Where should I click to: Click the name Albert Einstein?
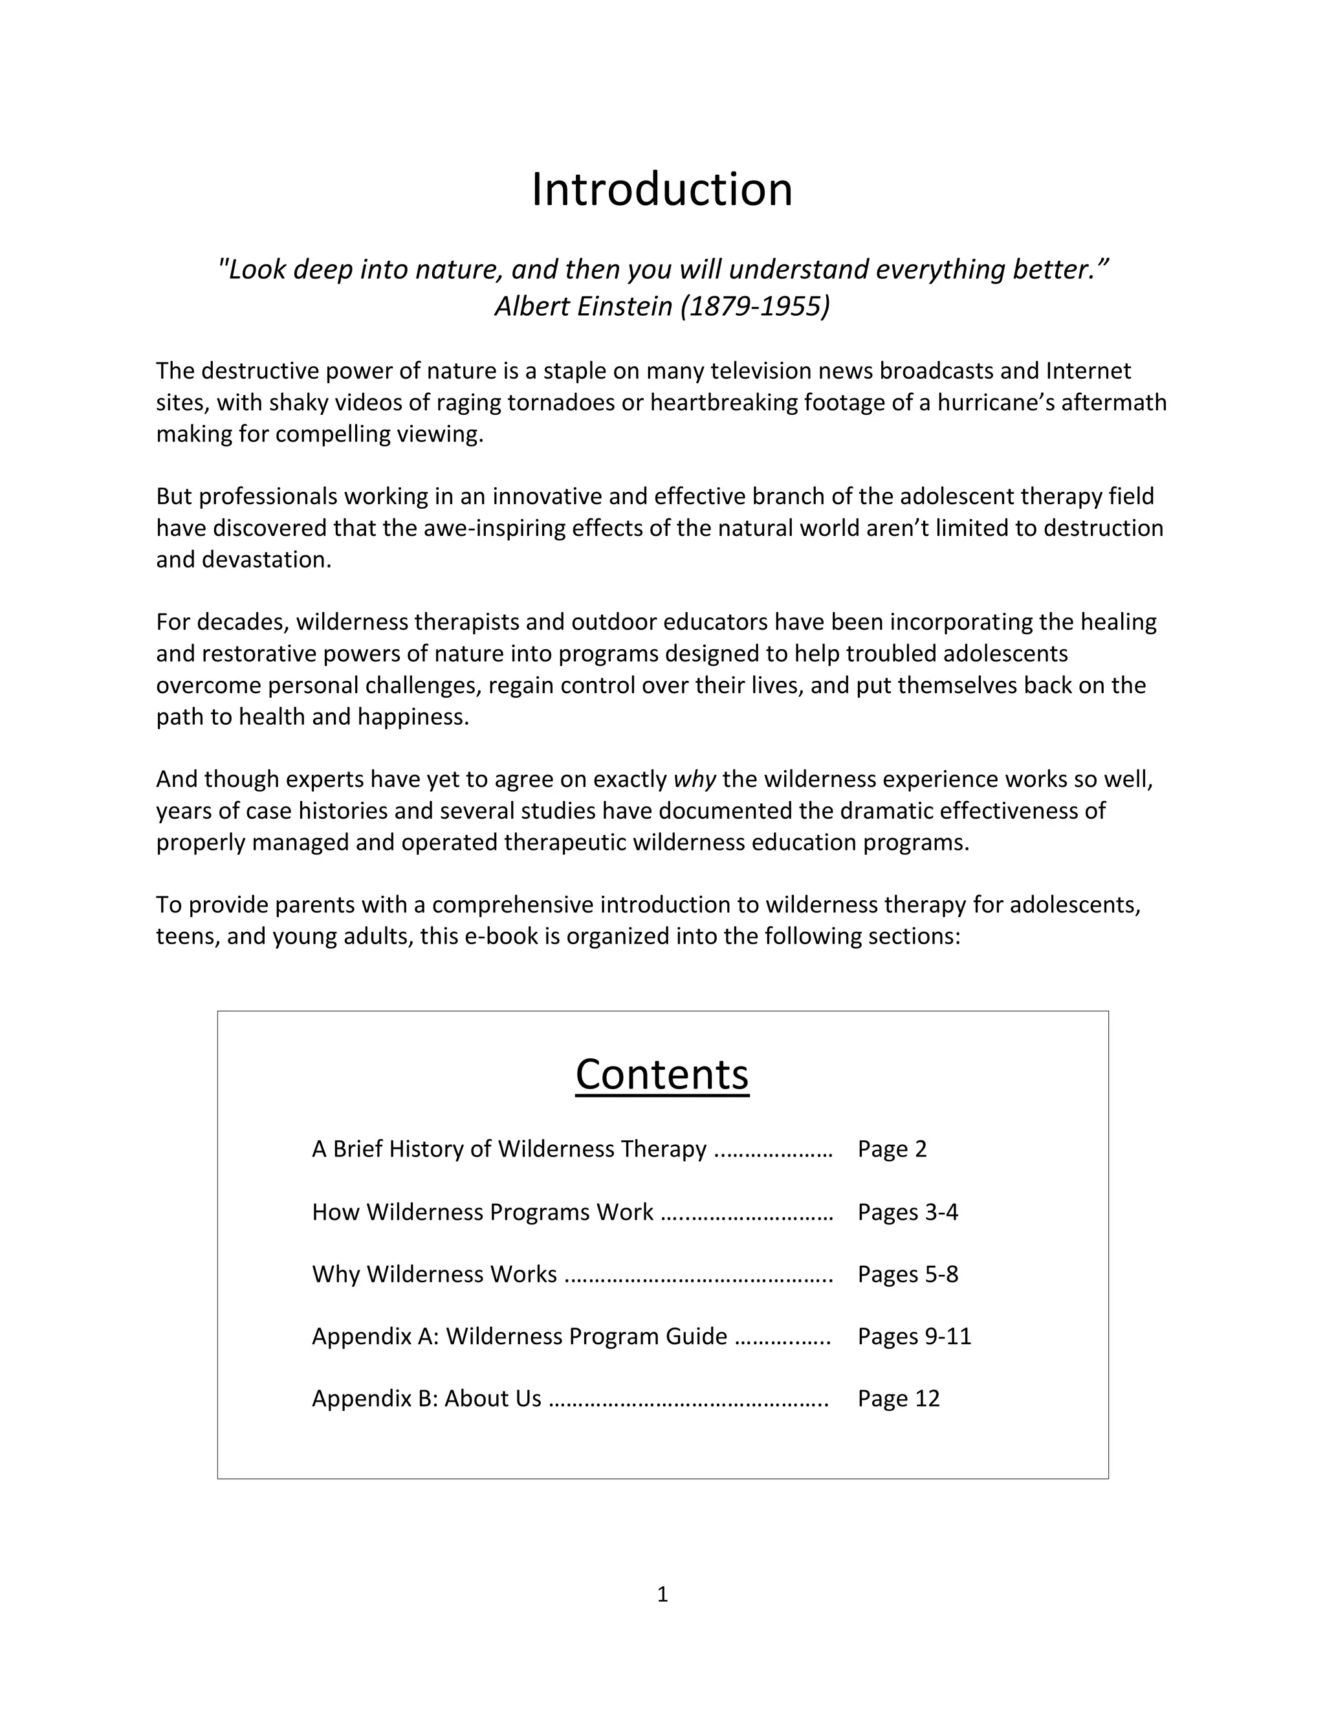(x=583, y=306)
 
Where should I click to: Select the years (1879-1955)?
(x=755, y=306)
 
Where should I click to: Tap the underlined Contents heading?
(x=662, y=1074)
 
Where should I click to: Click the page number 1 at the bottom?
(x=662, y=1594)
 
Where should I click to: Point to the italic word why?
(x=695, y=779)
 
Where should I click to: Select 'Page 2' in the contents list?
(x=892, y=1149)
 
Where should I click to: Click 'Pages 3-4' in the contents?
(x=908, y=1212)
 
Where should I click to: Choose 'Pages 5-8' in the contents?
(x=908, y=1274)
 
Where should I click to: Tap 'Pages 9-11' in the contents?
(x=914, y=1336)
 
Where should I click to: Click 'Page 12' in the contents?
(x=898, y=1398)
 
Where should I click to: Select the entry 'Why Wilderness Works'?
(x=434, y=1274)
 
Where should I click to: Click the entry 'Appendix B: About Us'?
(x=426, y=1398)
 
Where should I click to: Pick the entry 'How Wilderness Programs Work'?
(x=482, y=1212)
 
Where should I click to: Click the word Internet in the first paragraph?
(x=1088, y=371)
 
